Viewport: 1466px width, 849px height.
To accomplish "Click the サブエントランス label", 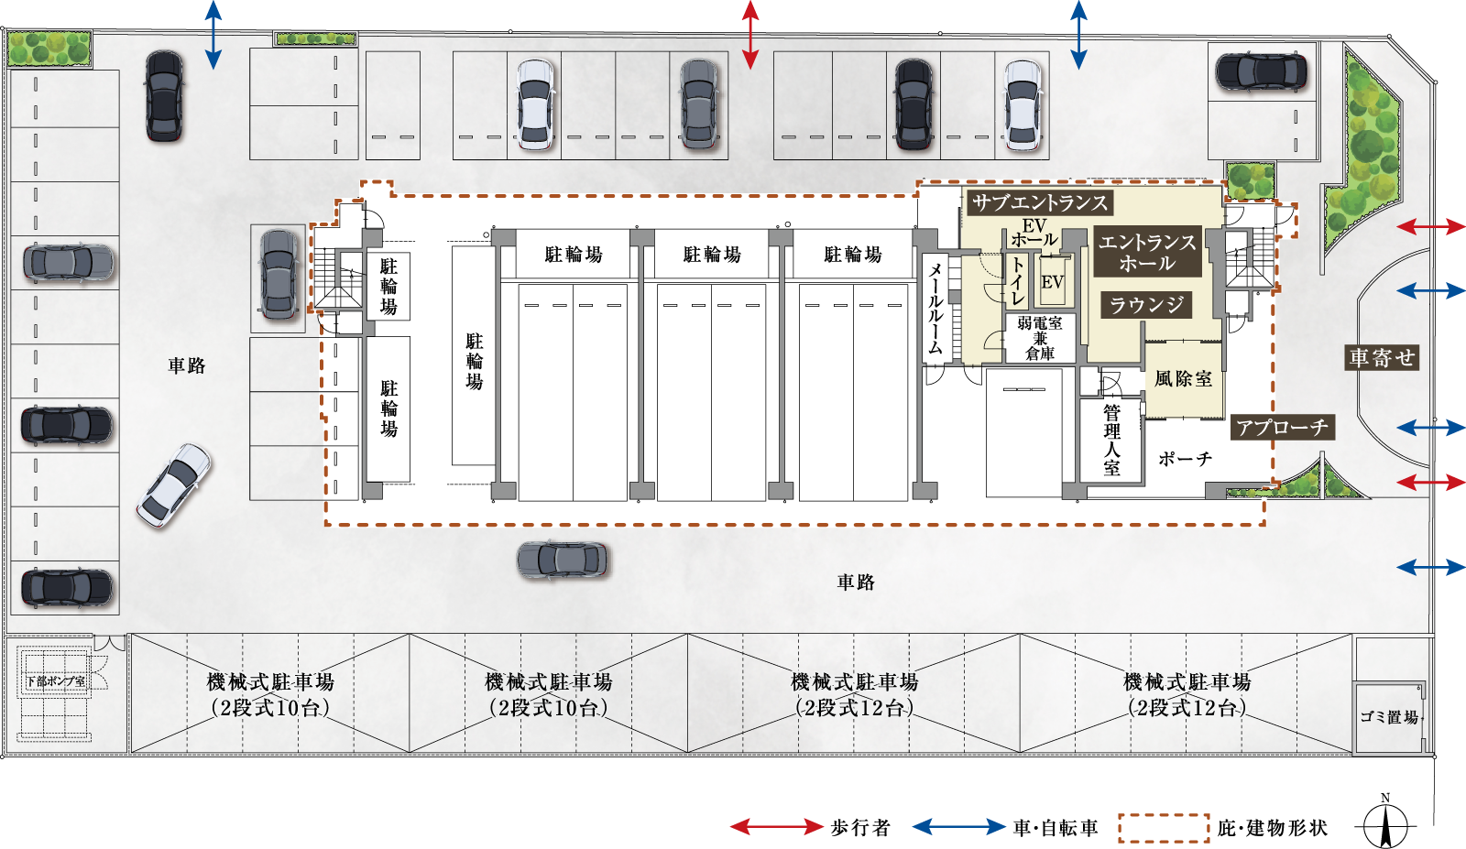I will (x=1039, y=202).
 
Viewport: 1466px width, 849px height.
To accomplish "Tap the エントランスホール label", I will (x=1147, y=252).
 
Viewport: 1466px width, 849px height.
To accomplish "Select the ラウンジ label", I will (x=1146, y=305).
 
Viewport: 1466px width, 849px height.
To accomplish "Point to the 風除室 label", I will (x=1183, y=378).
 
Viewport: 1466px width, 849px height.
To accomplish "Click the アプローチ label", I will (x=1282, y=428).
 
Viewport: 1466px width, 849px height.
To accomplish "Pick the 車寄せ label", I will (x=1382, y=357).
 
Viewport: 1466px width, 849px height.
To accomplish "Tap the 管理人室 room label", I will (x=1111, y=441).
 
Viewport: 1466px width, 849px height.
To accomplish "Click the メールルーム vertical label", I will (x=935, y=309).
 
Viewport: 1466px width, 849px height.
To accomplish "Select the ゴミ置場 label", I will (x=1389, y=717).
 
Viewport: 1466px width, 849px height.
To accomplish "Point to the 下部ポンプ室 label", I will (x=56, y=681).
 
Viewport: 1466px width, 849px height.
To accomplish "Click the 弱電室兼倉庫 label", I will (x=1040, y=338).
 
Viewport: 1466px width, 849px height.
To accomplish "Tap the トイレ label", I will (x=1017, y=280).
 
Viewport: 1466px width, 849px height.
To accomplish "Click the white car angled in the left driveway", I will (x=173, y=485).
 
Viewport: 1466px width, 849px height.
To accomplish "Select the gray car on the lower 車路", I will (x=562, y=560).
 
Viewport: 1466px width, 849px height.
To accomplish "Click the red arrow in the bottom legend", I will (x=776, y=827).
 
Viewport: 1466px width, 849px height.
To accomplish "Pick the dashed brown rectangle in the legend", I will (x=1164, y=828).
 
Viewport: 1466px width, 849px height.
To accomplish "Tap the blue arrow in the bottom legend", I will (x=958, y=827).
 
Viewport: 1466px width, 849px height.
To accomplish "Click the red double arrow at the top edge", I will (x=750, y=35).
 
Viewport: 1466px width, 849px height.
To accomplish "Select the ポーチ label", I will (x=1185, y=459).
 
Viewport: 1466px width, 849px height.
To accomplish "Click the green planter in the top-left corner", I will (x=49, y=49).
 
